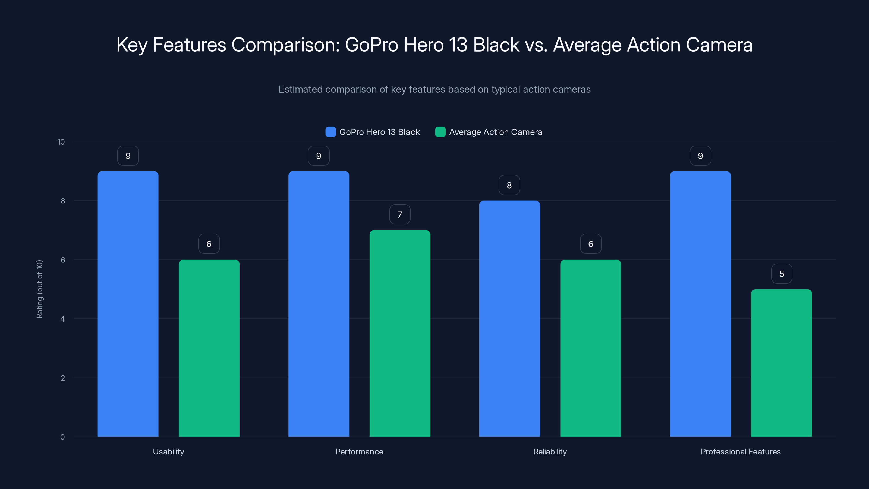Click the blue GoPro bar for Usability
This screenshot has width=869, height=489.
tap(128, 304)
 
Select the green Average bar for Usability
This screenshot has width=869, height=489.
tap(209, 348)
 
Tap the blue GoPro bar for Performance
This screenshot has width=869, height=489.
tap(319, 304)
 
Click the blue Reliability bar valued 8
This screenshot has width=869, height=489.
tap(509, 319)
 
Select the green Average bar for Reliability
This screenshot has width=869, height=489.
tap(590, 348)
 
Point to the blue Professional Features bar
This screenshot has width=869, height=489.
tap(700, 304)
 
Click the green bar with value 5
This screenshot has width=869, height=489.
tap(781, 363)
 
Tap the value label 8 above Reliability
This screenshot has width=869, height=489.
tap(509, 185)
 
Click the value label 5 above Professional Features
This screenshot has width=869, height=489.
tap(782, 274)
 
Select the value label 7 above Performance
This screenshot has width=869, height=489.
tap(400, 215)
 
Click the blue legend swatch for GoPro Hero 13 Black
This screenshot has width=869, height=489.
tap(330, 132)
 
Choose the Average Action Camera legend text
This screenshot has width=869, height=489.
tap(495, 132)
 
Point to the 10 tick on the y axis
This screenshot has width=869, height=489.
tap(61, 142)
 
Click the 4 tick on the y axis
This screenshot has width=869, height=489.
tap(62, 319)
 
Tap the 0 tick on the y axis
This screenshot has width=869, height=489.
tap(62, 437)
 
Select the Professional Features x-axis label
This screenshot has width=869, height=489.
tap(741, 452)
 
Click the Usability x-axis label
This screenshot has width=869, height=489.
tap(168, 452)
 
